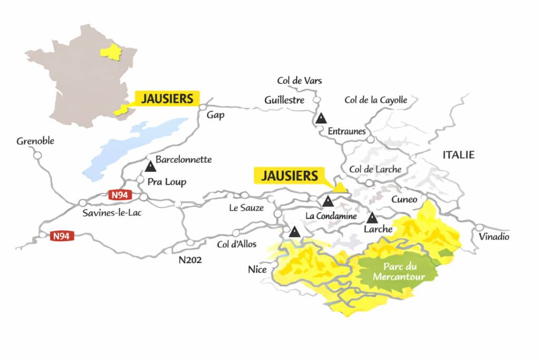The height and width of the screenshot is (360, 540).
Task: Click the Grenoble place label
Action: [x=35, y=141]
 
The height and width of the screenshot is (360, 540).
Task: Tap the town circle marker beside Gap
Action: [x=202, y=107]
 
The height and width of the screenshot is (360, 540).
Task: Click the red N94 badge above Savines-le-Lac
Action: [x=118, y=195]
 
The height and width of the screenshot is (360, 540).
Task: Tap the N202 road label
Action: [x=191, y=259]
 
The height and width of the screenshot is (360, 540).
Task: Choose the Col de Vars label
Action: [x=300, y=81]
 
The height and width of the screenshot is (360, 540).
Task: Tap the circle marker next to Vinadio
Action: [x=479, y=227]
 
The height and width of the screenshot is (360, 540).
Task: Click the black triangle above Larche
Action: [x=372, y=217]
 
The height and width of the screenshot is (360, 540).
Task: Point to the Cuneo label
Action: [x=404, y=199]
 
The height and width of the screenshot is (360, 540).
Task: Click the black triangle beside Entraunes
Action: [x=321, y=119]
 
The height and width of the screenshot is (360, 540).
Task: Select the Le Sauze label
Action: [x=246, y=208]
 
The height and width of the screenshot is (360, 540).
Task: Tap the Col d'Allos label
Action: [x=237, y=245]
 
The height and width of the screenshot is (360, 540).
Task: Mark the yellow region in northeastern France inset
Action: [x=111, y=52]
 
